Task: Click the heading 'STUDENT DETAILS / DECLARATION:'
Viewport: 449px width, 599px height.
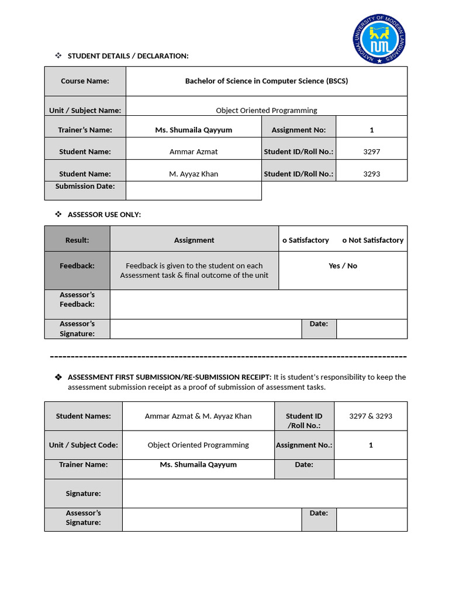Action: [x=128, y=56]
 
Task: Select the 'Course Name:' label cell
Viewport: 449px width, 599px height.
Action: [x=85, y=81]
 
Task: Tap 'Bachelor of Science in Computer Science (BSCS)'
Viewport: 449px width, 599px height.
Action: [x=266, y=81]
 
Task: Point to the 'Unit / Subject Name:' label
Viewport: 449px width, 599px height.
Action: [x=85, y=110]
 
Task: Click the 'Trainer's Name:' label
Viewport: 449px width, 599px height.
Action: [x=85, y=130]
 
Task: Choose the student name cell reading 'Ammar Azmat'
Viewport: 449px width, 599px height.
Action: [x=194, y=152]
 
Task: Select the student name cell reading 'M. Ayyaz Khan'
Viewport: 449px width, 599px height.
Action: [x=194, y=174]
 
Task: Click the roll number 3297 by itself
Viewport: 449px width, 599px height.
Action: [x=371, y=152]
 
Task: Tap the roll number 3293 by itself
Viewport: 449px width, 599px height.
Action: [x=371, y=174]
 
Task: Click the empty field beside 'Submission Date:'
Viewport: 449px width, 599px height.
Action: [x=194, y=191]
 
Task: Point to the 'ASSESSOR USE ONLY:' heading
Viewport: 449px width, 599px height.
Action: [x=104, y=215]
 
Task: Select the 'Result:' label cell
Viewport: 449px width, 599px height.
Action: [x=77, y=240]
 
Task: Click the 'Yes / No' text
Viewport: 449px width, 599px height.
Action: [x=343, y=266]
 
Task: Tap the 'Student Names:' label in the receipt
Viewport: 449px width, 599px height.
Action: [x=83, y=416]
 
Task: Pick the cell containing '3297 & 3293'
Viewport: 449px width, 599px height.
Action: [x=371, y=416]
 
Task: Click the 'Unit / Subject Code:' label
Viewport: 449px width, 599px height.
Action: [x=83, y=445]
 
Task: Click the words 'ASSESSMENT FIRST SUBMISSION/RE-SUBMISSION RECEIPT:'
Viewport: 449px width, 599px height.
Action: [x=170, y=377]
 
